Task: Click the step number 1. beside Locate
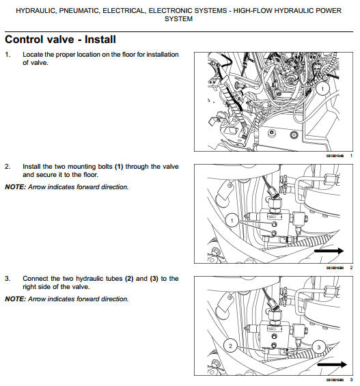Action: (8, 54)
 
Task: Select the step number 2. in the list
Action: (8, 166)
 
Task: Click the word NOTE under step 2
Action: (15, 187)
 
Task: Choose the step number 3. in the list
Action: (8, 279)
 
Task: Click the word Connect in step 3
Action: (36, 279)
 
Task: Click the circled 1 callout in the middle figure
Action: (232, 220)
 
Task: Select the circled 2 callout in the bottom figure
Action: (231, 346)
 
